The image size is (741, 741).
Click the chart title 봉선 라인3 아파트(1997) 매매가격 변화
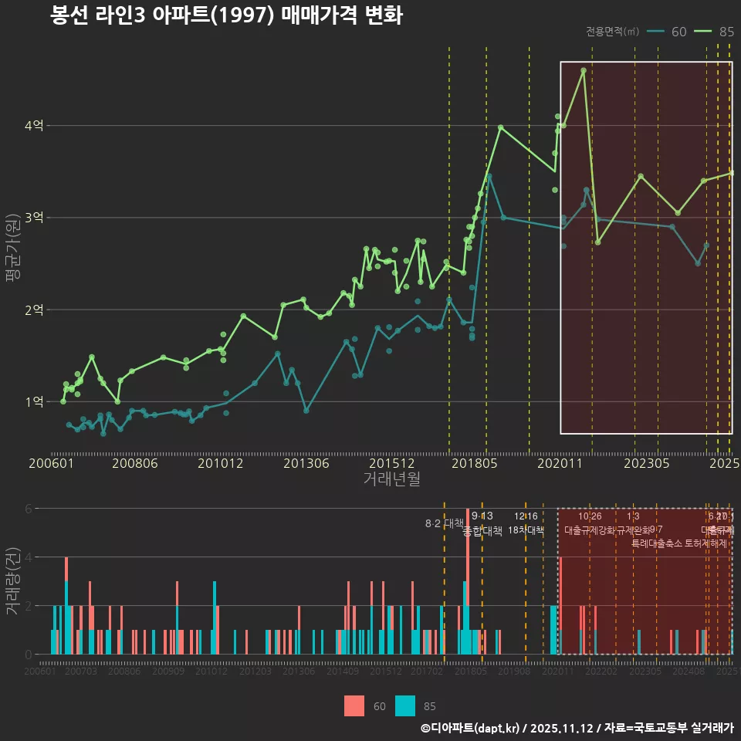[x=226, y=16]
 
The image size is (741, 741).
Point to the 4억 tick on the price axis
[x=34, y=125]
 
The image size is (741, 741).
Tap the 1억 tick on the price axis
[x=34, y=401]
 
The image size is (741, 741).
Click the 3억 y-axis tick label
[x=34, y=218]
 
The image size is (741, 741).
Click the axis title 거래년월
[x=391, y=479]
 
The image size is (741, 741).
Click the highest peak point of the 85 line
[x=584, y=70]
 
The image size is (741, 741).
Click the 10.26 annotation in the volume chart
[x=590, y=516]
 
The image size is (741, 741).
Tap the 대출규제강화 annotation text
[x=590, y=530]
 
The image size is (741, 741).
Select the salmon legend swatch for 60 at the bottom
[x=354, y=705]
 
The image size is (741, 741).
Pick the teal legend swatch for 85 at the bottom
[x=405, y=705]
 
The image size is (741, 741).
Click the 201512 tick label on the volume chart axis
[x=384, y=672]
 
